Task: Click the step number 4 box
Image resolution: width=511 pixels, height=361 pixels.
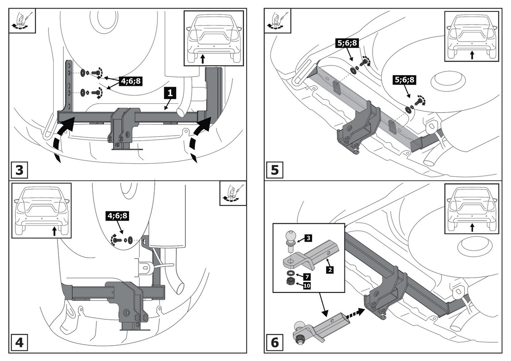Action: [19, 343]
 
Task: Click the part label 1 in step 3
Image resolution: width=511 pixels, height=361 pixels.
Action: [169, 93]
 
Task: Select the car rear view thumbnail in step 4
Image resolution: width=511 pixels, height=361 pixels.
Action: [41, 210]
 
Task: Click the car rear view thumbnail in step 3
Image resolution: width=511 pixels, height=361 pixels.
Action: [213, 38]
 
